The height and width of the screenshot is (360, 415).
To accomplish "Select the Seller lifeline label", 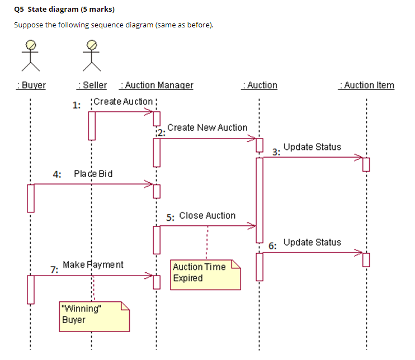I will click(92, 85).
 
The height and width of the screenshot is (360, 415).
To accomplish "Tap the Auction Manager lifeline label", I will click(157, 85).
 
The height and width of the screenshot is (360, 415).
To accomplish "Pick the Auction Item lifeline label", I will click(366, 85).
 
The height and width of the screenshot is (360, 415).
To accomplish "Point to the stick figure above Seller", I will click(92, 56).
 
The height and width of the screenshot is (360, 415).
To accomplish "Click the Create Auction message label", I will click(122, 102).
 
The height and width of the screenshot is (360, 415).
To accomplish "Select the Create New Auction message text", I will click(207, 127).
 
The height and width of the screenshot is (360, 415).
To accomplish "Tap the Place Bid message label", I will click(93, 174).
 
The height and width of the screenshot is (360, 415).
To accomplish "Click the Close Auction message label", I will click(207, 216).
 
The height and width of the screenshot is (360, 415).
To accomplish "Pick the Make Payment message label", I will click(93, 264).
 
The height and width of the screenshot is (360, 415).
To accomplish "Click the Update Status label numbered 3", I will click(312, 147).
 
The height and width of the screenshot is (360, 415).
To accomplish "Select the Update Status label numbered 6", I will click(312, 243).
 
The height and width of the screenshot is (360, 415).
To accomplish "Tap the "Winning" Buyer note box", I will click(95, 315).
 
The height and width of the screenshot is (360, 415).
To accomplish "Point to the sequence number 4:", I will click(57, 174).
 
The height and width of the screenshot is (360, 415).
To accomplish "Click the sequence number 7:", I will click(54, 269).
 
